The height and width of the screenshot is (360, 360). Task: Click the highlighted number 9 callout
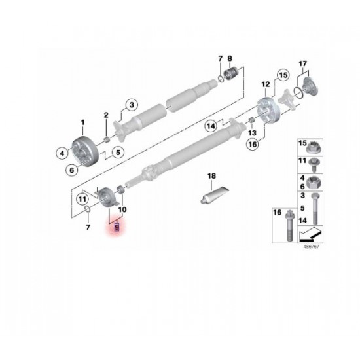117,227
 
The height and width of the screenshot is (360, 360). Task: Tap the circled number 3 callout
132,105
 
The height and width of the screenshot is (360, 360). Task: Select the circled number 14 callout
211,126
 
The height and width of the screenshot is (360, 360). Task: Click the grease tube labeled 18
215,194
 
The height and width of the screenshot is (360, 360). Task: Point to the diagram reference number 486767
311,247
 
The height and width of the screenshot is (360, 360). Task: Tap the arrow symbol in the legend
310,234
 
